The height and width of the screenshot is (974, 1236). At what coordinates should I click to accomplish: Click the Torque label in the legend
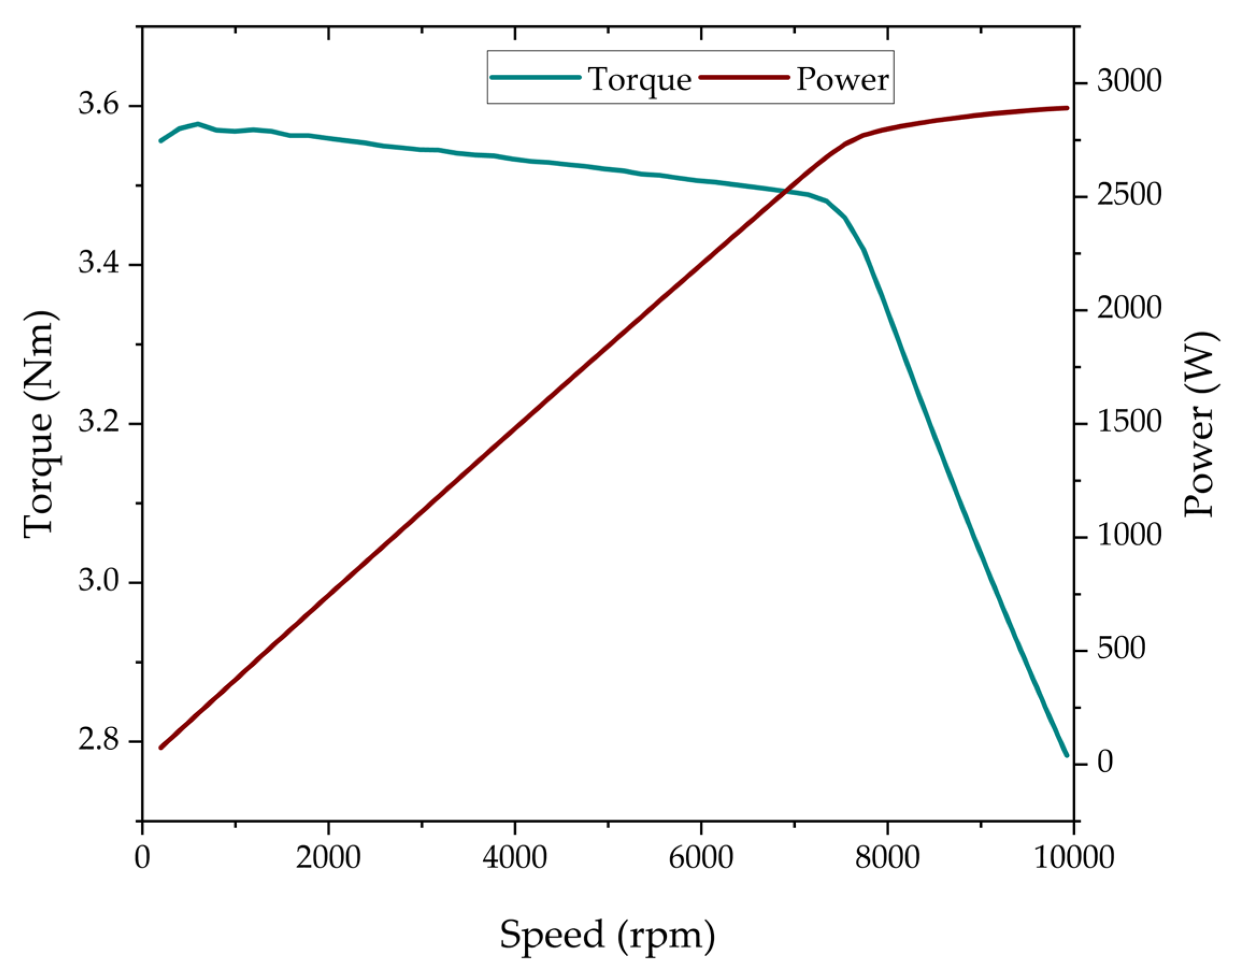tap(640, 79)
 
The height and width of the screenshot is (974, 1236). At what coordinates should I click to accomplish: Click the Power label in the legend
tap(842, 79)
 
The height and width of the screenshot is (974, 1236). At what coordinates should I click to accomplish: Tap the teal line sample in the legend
tap(535, 77)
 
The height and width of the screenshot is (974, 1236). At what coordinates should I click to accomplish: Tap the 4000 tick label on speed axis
tap(515, 857)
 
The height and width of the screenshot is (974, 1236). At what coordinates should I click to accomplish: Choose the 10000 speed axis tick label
tap(1074, 857)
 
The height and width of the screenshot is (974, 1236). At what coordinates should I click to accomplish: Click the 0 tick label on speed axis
tap(142, 857)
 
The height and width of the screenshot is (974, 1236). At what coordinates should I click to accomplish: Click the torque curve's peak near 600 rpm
tap(198, 124)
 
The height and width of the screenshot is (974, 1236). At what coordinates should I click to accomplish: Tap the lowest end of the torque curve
tap(1066, 756)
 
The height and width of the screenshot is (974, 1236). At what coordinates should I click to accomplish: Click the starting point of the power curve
tap(161, 747)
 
